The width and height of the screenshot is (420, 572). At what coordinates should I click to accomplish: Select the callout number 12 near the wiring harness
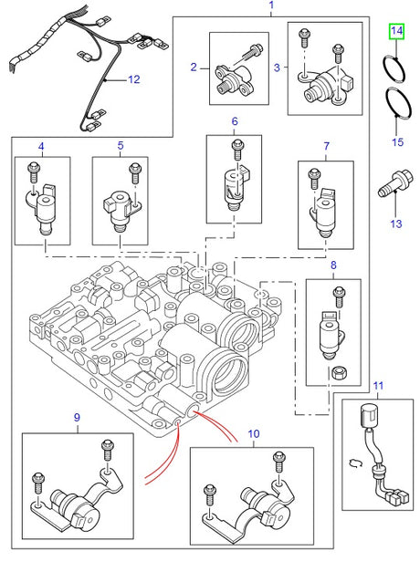pos(133,80)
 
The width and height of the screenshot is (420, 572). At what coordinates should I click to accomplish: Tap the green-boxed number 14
pos(395,32)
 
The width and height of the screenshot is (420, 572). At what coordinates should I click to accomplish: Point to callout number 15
pos(396,142)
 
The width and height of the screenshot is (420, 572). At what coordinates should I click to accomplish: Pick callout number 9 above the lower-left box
pos(76,418)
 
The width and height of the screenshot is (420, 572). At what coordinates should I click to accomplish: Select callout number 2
pos(194,67)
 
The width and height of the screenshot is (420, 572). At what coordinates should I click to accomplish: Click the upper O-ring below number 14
pos(394,68)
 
